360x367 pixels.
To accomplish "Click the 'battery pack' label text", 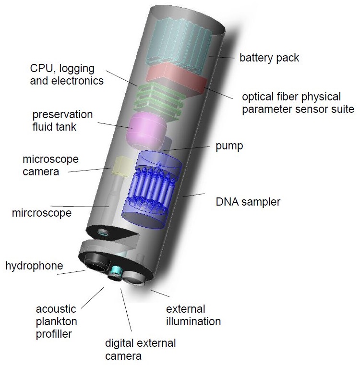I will [269, 58].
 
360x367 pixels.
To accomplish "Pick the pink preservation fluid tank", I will [146, 129].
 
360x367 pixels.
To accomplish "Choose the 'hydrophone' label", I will [34, 266].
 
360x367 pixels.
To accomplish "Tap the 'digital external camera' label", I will [140, 350].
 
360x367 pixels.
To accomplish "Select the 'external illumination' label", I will [193, 315].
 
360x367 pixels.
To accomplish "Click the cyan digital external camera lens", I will [115, 272].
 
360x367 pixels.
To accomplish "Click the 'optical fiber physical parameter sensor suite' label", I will [298, 103].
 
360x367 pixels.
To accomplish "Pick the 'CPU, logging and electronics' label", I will [67, 74].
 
